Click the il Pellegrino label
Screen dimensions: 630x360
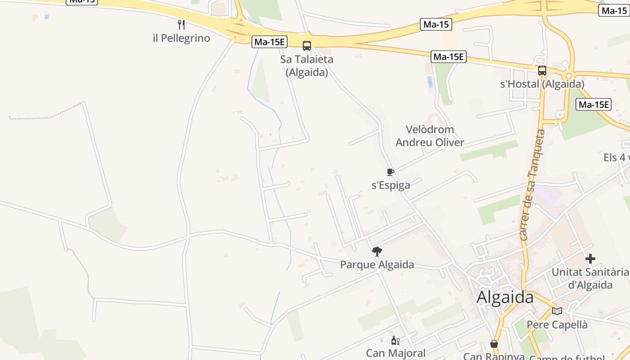(x=181, y=38)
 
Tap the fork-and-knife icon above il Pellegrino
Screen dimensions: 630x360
(x=181, y=24)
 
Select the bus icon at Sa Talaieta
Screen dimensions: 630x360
(x=307, y=45)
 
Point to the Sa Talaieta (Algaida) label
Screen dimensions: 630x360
(x=307, y=65)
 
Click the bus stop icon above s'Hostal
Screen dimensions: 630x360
(x=542, y=71)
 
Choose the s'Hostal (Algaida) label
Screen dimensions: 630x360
(x=542, y=84)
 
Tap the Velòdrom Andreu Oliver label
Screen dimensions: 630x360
(x=430, y=136)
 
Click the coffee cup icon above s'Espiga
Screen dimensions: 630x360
(x=390, y=172)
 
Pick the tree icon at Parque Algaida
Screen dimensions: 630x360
(x=377, y=252)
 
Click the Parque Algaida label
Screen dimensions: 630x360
(x=377, y=265)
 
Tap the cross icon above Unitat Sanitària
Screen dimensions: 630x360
(x=590, y=259)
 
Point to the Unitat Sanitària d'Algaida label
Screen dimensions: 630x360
(x=590, y=278)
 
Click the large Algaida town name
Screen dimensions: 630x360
(x=505, y=297)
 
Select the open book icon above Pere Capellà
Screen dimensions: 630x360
(x=557, y=311)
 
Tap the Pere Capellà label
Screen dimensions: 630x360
(x=557, y=324)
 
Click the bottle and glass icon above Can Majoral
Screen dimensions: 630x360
(x=396, y=341)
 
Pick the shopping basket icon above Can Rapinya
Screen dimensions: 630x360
(x=494, y=344)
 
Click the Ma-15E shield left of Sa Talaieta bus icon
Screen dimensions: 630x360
(x=269, y=42)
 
